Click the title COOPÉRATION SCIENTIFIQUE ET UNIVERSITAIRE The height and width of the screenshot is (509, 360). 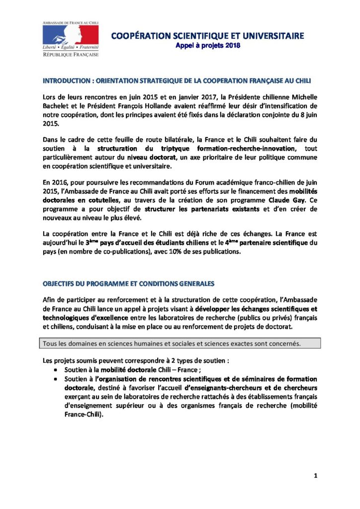tap(207, 36)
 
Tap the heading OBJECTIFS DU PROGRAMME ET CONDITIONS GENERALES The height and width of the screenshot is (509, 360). tap(129, 284)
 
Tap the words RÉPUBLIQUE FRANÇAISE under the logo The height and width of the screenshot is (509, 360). tap(70, 54)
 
